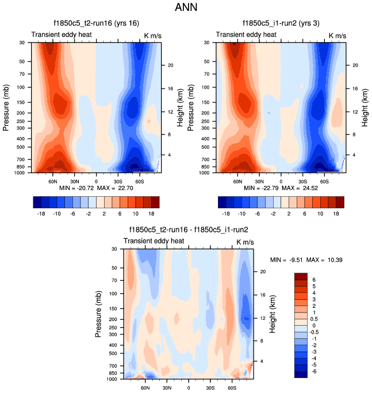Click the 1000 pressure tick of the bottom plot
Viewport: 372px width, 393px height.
point(112,379)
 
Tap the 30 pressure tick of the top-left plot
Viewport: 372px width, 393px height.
point(21,43)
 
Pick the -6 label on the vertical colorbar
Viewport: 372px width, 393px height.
point(317,372)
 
